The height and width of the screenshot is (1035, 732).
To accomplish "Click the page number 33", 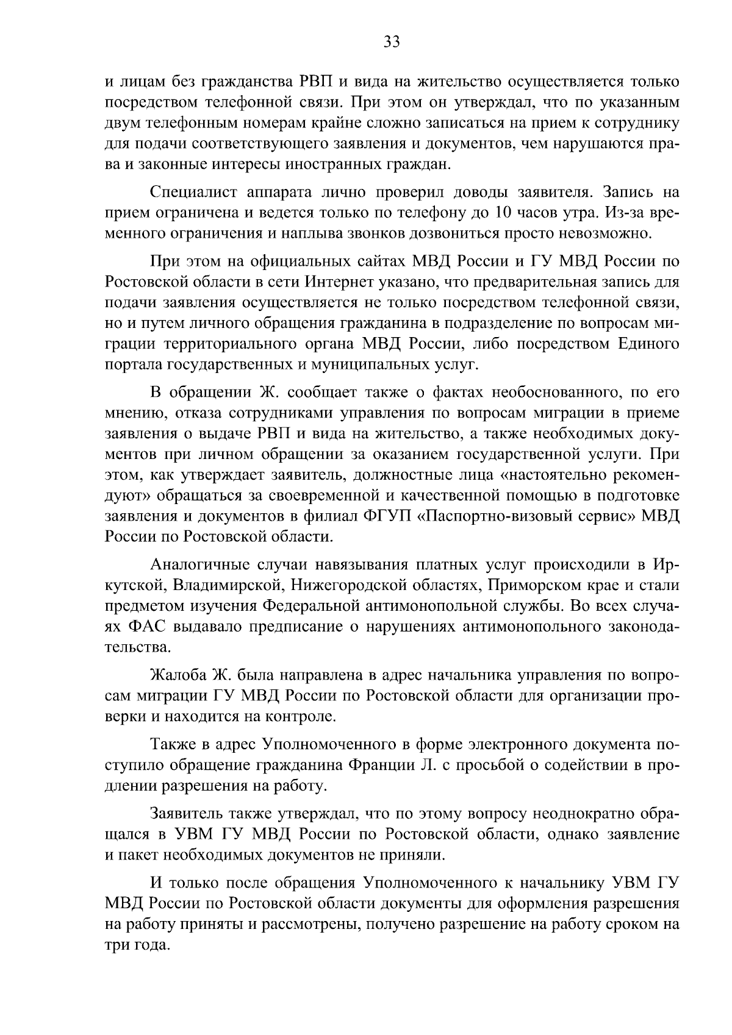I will [391, 41].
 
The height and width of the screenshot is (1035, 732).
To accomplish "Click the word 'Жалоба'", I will [175, 675].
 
